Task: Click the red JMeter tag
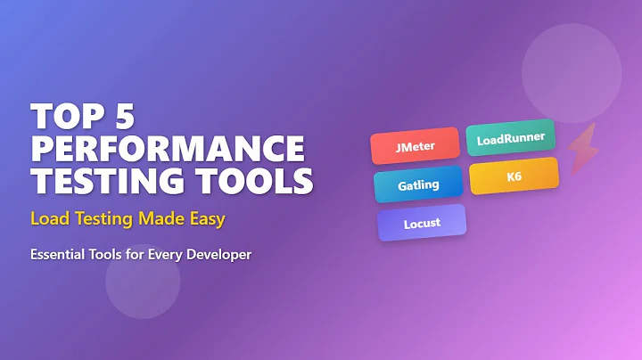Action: [x=415, y=145]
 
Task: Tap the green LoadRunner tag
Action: [x=511, y=138]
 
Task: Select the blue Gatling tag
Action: [x=418, y=184]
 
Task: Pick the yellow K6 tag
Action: [x=514, y=176]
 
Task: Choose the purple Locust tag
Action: [x=421, y=223]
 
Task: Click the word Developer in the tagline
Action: [x=219, y=255]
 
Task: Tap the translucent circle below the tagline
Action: [x=143, y=281]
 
